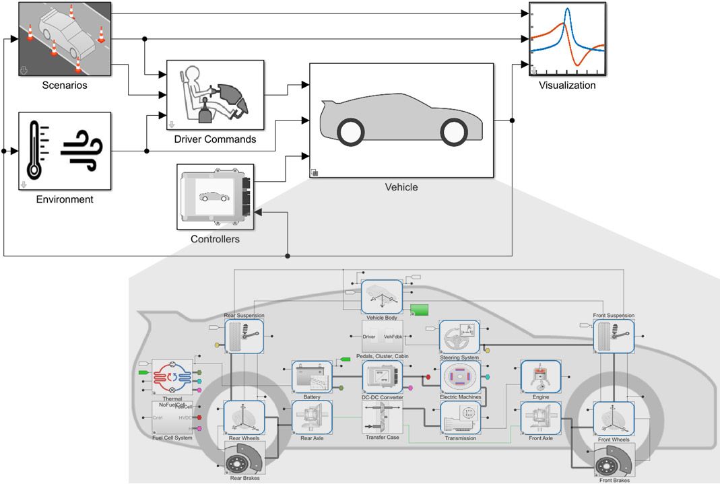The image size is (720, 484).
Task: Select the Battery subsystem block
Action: point(312,377)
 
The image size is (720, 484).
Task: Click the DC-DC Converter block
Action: point(383,377)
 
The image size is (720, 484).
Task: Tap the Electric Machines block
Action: point(460,377)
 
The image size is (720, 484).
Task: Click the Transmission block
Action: point(460,417)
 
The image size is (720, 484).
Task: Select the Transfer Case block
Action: point(383,417)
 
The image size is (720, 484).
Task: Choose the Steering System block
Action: point(460,336)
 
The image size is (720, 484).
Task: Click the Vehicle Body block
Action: point(382,297)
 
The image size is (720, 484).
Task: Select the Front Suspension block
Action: point(614,336)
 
